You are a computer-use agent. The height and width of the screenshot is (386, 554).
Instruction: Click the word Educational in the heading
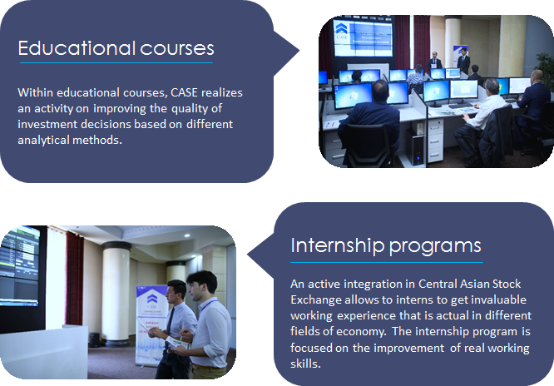coord(77,47)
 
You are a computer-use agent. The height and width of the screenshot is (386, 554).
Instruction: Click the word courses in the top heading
coord(177,49)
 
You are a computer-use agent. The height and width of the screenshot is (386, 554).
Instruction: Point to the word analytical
coord(43,140)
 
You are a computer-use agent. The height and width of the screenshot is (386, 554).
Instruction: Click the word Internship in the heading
coord(338,245)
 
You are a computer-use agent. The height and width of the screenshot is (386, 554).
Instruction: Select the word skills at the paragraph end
coord(305,364)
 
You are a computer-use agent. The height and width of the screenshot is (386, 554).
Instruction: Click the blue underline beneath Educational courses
coord(116,63)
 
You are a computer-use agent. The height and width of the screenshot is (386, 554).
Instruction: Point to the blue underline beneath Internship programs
coord(387,262)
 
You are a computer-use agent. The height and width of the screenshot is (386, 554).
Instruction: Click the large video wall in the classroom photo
coord(364,37)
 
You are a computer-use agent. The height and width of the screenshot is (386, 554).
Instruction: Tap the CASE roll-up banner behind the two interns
coord(152,325)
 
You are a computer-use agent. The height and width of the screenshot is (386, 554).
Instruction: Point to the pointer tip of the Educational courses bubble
coord(299,51)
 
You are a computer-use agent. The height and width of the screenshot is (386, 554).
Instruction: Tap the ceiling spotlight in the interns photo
coord(187,235)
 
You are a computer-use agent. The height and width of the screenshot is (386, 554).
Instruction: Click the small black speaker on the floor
coord(94,339)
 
